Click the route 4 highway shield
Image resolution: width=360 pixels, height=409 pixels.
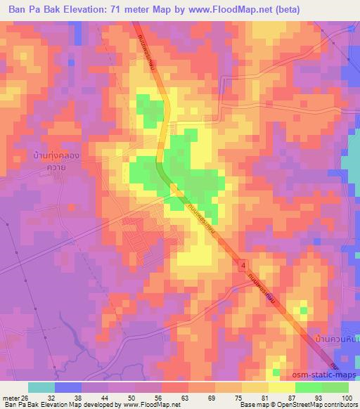point(243,265)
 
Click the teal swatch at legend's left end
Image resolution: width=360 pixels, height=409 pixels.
point(41,387)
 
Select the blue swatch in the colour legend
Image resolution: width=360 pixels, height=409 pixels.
point(68,387)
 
